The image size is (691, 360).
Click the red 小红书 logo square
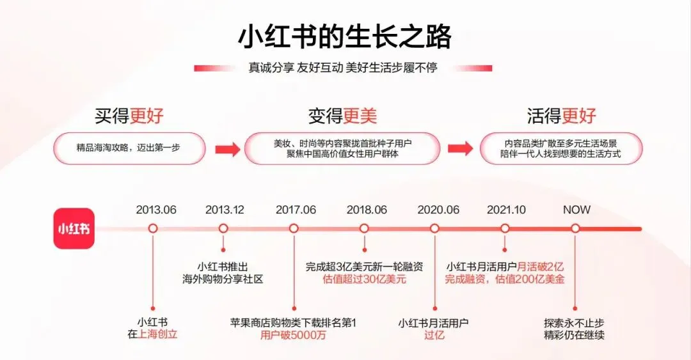tap(74, 228)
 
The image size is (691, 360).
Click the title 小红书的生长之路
tap(345, 36)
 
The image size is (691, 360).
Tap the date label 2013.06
tap(156, 210)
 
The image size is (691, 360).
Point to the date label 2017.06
tap(296, 210)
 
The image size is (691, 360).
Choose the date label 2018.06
tap(367, 210)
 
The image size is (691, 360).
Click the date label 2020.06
tap(438, 210)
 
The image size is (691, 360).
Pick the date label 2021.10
tap(506, 210)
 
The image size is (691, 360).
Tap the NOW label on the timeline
tap(576, 210)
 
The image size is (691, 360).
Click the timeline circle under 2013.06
tap(153, 228)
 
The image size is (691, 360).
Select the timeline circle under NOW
tap(575, 228)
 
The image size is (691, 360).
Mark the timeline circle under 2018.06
tap(364, 228)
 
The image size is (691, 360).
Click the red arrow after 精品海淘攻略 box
tap(227, 149)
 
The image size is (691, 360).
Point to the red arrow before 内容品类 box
tap(459, 149)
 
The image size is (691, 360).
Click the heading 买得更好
tap(129, 116)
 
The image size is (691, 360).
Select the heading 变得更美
tap(342, 116)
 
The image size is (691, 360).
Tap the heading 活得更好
tap(562, 116)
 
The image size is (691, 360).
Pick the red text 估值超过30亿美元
tap(365, 279)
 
